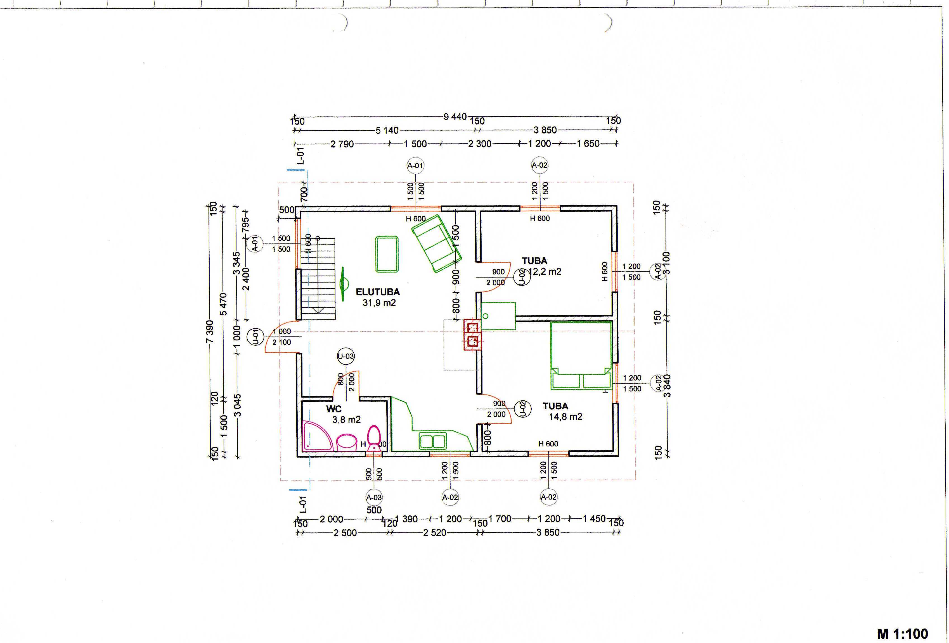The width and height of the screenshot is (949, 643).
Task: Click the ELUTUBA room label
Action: click(x=378, y=292)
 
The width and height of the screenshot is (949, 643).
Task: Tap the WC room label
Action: click(x=334, y=409)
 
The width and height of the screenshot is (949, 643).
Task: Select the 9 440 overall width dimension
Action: click(x=455, y=117)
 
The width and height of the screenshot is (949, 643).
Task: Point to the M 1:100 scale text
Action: click(x=902, y=634)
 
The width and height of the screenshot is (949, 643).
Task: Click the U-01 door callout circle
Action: click(x=255, y=337)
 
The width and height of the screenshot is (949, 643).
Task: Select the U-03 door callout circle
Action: click(x=345, y=356)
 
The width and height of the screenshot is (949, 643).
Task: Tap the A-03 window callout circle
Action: click(x=374, y=497)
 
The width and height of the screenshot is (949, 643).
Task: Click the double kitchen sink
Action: click(x=432, y=441)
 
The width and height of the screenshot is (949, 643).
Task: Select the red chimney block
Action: click(x=472, y=334)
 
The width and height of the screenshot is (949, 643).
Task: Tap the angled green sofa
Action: click(x=436, y=243)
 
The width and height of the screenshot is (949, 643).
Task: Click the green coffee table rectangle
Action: click(x=387, y=254)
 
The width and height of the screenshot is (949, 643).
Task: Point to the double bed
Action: click(x=581, y=355)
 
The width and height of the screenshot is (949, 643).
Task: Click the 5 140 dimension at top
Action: click(x=387, y=131)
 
